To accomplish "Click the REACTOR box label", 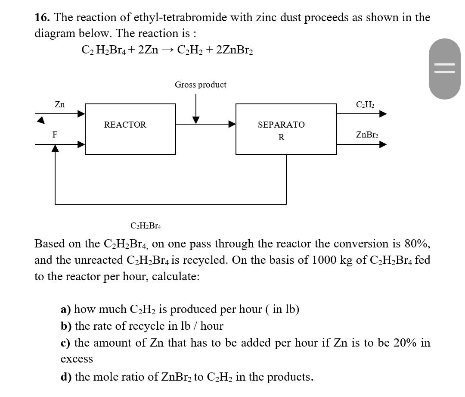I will pos(125,125).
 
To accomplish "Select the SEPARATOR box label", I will pos(281,130).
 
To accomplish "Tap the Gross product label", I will pos(200,85).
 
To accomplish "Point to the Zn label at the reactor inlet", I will pos(60,105).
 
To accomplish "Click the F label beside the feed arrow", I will pos(55,135).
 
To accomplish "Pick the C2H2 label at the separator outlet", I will pos(365,105).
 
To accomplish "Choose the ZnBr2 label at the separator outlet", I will pos(367,135).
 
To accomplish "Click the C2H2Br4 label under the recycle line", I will pos(146,226).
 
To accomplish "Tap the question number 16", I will pos(42,18).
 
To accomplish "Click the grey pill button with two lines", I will pos(444,69).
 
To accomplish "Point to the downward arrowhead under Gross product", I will pos(196,119).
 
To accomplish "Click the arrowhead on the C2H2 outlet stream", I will pos(382,114).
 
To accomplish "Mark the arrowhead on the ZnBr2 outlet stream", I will pos(382,144).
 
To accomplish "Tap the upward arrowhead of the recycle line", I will pos(55,148).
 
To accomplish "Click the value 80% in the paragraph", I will pos(416,244).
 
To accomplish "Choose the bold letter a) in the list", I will pos(65,309).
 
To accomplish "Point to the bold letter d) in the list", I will pos(66,377).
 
